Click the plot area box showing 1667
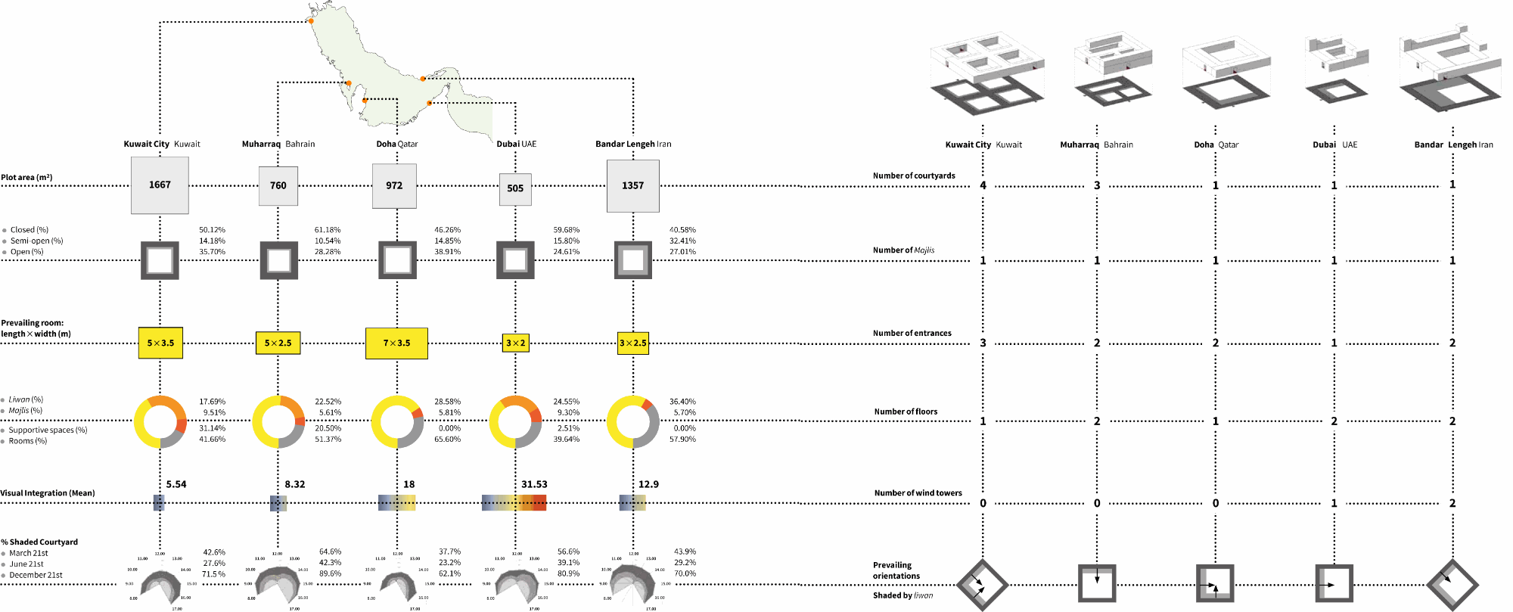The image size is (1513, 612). (160, 185)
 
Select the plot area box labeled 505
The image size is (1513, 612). (515, 189)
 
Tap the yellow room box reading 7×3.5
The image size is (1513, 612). (396, 343)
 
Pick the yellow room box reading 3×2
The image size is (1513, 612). (515, 343)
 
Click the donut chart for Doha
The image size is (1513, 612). (397, 421)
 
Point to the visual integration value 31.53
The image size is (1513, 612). (534, 484)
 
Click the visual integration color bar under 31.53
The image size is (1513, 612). (514, 503)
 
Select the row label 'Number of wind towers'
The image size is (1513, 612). (918, 493)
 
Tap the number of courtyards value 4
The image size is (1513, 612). (983, 185)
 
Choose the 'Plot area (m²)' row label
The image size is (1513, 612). (27, 178)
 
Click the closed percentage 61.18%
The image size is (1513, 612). (328, 230)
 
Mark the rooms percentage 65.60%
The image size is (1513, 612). (447, 440)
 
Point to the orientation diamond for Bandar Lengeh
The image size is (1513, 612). (1452, 585)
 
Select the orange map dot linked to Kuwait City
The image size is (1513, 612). (311, 21)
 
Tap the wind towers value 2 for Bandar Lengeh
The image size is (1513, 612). (1452, 503)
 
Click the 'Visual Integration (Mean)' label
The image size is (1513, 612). (48, 493)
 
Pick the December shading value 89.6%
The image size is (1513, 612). (330, 574)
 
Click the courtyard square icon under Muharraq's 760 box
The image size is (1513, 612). (278, 260)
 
